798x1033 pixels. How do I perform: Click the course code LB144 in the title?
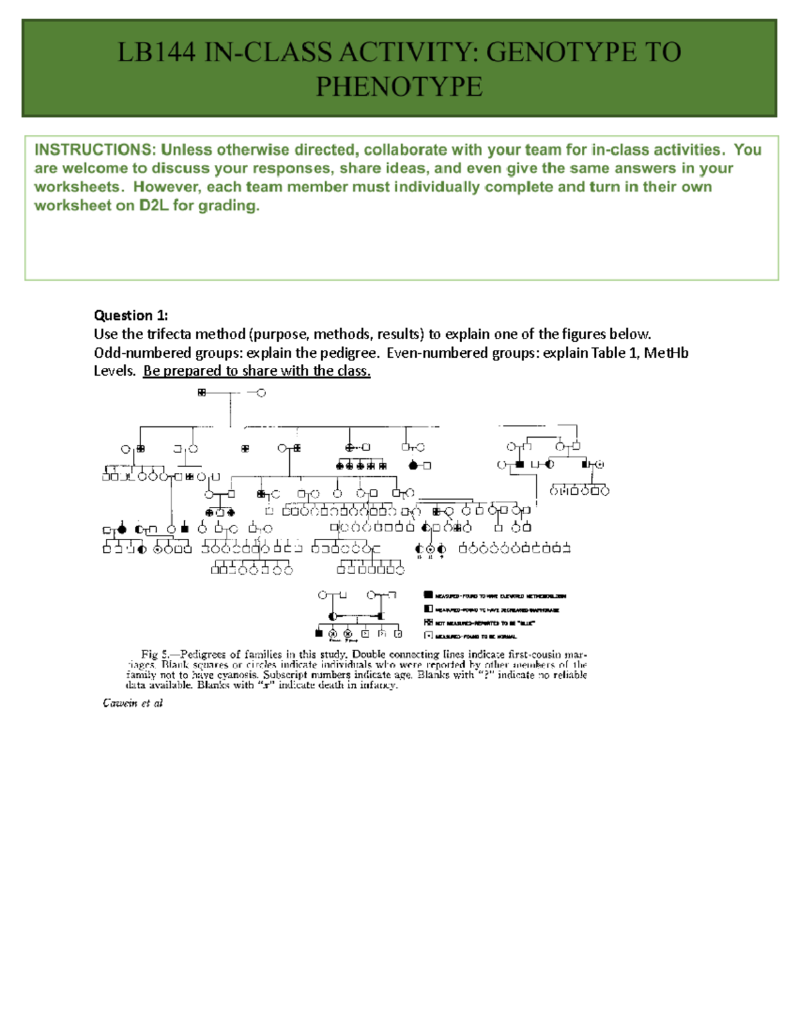pos(156,53)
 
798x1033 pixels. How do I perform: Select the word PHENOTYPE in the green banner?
pos(399,87)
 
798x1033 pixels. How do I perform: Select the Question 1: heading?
pos(131,315)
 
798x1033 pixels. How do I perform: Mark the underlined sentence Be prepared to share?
pos(257,371)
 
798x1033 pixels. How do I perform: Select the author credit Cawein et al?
pos(132,703)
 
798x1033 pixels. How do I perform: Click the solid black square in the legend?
pos(428,595)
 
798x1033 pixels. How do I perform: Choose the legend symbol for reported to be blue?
pos(428,623)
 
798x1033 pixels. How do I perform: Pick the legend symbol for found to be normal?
pos(428,636)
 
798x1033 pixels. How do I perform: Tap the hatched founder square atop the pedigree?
pos(201,393)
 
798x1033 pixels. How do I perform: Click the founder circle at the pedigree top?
pos(261,393)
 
